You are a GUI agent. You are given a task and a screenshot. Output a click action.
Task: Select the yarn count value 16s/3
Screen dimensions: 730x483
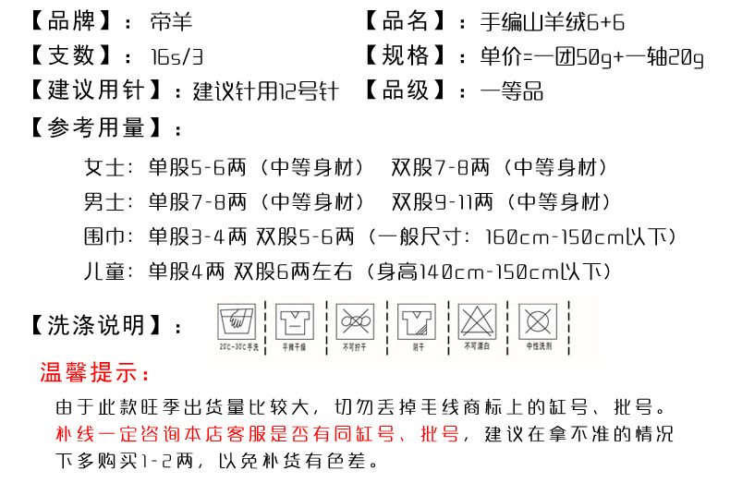(176, 56)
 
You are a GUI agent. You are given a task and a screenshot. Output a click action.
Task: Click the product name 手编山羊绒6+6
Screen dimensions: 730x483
(553, 21)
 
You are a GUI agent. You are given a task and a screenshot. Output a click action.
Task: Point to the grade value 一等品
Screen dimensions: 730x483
(512, 91)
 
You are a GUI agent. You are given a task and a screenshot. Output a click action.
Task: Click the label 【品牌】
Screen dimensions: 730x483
(69, 21)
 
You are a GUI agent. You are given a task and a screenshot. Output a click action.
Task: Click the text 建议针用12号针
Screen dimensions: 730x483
(266, 91)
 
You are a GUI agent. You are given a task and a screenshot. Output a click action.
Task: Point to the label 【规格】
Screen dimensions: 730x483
(406, 56)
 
